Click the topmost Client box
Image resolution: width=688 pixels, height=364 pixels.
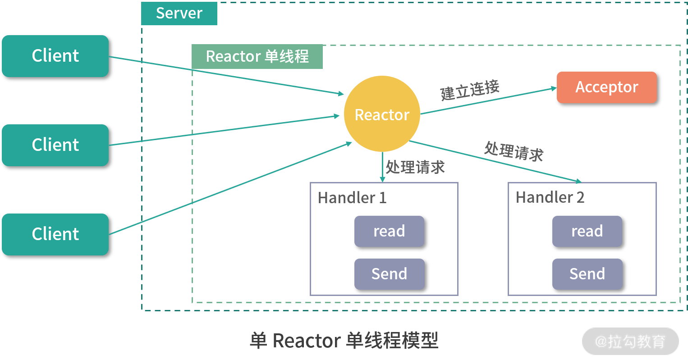55,56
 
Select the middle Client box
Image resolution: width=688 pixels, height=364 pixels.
55,145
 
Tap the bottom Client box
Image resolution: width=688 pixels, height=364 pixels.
55,234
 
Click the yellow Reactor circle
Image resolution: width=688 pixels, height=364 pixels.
382,114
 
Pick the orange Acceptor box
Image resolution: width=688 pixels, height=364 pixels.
606,87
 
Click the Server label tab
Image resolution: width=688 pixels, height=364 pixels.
179,14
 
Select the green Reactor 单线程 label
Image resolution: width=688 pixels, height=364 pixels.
257,57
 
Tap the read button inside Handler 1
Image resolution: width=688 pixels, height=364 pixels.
389,231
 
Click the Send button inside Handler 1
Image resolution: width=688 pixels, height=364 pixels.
389,274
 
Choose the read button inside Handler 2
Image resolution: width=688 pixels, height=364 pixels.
587,231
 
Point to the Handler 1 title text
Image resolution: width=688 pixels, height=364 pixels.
352,198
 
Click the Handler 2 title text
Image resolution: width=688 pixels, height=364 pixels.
550,197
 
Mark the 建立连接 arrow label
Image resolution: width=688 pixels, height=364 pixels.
470,90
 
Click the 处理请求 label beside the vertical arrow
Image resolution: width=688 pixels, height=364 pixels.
415,167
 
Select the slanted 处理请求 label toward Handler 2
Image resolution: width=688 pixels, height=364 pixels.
514,151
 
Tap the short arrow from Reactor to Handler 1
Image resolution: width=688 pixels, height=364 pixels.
382,168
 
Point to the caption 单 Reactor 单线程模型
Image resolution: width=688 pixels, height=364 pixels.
344,341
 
